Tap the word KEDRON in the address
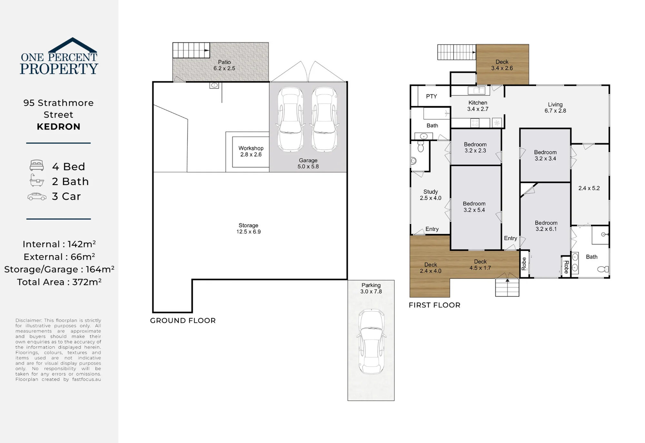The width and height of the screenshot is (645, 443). click(58, 127)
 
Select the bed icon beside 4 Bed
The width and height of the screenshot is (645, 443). click(37, 165)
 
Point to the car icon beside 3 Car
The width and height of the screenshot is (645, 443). click(37, 196)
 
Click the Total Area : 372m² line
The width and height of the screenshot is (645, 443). click(59, 282)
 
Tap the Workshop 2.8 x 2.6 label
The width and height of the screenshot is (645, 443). click(251, 151)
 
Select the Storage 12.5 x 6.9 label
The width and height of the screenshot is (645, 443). click(248, 229)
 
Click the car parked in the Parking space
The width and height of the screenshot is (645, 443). click(372, 342)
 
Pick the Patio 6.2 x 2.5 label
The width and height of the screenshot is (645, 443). click(224, 65)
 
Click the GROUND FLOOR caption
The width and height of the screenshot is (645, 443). click(183, 320)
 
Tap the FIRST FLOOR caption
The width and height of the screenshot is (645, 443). click(434, 305)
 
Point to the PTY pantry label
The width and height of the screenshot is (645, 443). click(432, 96)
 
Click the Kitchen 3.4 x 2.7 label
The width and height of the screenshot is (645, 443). click(478, 106)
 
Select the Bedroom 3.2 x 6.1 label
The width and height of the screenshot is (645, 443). click(546, 226)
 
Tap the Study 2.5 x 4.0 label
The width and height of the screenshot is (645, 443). click(431, 195)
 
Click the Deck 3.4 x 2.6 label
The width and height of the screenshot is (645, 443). click(502, 65)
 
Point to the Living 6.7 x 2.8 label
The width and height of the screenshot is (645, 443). click(555, 107)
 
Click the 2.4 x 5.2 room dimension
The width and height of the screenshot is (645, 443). click(589, 188)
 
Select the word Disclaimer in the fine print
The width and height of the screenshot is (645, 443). click(29, 320)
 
